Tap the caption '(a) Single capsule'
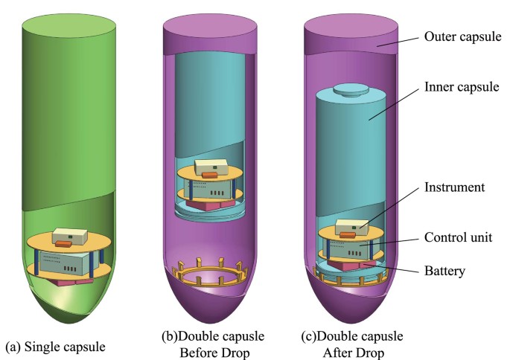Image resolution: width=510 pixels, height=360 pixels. [55, 347]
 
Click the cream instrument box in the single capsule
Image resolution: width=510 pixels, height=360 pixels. [70, 233]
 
